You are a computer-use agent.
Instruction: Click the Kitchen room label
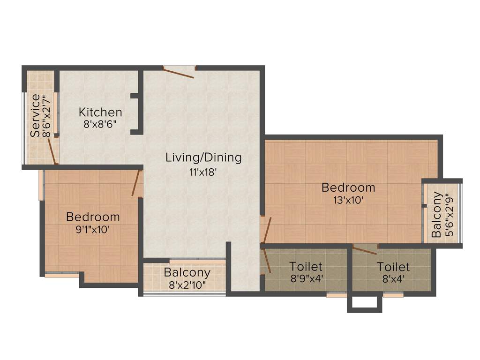[x=100, y=112]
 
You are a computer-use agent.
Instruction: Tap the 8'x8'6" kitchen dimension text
[x=100, y=125]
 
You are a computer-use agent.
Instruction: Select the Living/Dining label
[x=203, y=157]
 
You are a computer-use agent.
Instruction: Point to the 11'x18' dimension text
[x=203, y=172]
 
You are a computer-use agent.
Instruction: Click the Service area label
[x=35, y=116]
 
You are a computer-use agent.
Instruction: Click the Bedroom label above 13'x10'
[x=348, y=187]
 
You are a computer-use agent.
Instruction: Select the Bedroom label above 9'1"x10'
[x=93, y=217]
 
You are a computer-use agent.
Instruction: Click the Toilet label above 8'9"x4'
[x=306, y=267]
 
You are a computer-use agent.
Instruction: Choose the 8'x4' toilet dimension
[x=393, y=279]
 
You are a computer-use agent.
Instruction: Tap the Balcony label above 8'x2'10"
[x=187, y=272]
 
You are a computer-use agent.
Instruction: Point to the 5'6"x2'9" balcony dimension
[x=449, y=215]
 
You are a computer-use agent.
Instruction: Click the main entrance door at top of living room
[x=179, y=71]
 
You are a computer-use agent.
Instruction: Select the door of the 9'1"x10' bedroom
[x=136, y=183]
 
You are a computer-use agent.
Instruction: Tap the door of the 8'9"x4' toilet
[x=267, y=261]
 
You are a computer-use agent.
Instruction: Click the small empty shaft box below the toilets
[x=364, y=304]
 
